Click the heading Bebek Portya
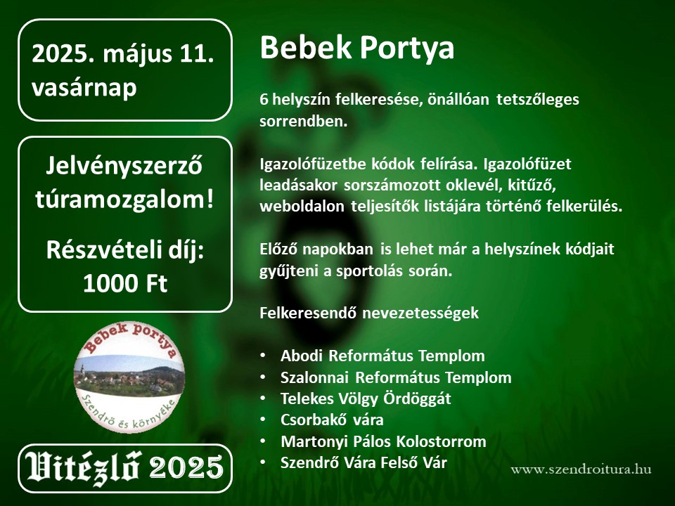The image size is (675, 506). (357, 48)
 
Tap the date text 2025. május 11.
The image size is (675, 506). (122, 55)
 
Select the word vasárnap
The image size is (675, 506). (84, 87)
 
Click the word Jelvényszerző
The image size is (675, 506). (124, 167)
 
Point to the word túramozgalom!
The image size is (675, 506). (124, 200)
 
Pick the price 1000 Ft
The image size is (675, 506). (125, 283)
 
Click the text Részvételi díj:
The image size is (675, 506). (125, 251)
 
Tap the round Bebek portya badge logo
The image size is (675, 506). (129, 377)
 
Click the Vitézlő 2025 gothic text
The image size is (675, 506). (124, 468)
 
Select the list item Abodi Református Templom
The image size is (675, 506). (382, 356)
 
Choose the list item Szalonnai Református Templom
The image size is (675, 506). (396, 377)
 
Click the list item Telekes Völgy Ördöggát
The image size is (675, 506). (366, 399)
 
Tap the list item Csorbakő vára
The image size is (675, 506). (332, 420)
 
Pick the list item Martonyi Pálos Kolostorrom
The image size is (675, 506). (383, 441)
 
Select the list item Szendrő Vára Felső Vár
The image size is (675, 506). (364, 462)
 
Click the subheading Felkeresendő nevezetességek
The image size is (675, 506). (369, 313)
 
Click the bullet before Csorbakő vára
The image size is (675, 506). (263, 420)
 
